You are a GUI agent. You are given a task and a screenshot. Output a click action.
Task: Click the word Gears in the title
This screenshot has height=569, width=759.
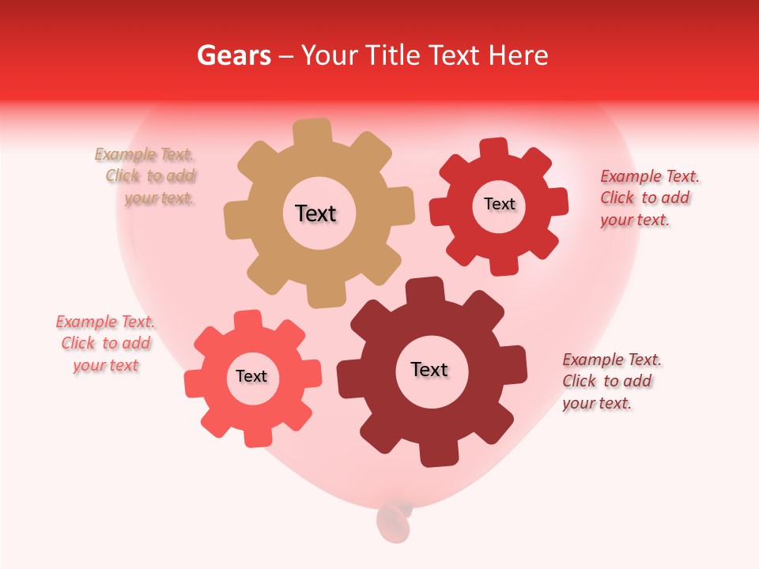click(234, 55)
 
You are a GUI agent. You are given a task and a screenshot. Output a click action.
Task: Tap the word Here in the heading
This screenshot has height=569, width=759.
click(519, 55)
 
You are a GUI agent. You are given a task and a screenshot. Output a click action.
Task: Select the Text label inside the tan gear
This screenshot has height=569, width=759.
click(315, 213)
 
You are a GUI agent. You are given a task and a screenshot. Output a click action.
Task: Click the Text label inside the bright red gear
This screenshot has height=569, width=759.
click(499, 204)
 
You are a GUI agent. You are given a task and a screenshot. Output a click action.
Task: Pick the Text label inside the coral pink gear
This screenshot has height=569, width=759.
click(251, 376)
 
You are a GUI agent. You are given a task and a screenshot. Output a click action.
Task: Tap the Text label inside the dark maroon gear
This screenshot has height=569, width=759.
click(429, 369)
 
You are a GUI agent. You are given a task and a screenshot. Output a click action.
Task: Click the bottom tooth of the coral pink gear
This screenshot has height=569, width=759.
click(257, 436)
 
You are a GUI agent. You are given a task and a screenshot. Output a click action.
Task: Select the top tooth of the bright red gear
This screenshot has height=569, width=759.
click(493, 149)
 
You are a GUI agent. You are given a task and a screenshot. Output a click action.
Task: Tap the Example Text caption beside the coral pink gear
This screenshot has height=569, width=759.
click(105, 344)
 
